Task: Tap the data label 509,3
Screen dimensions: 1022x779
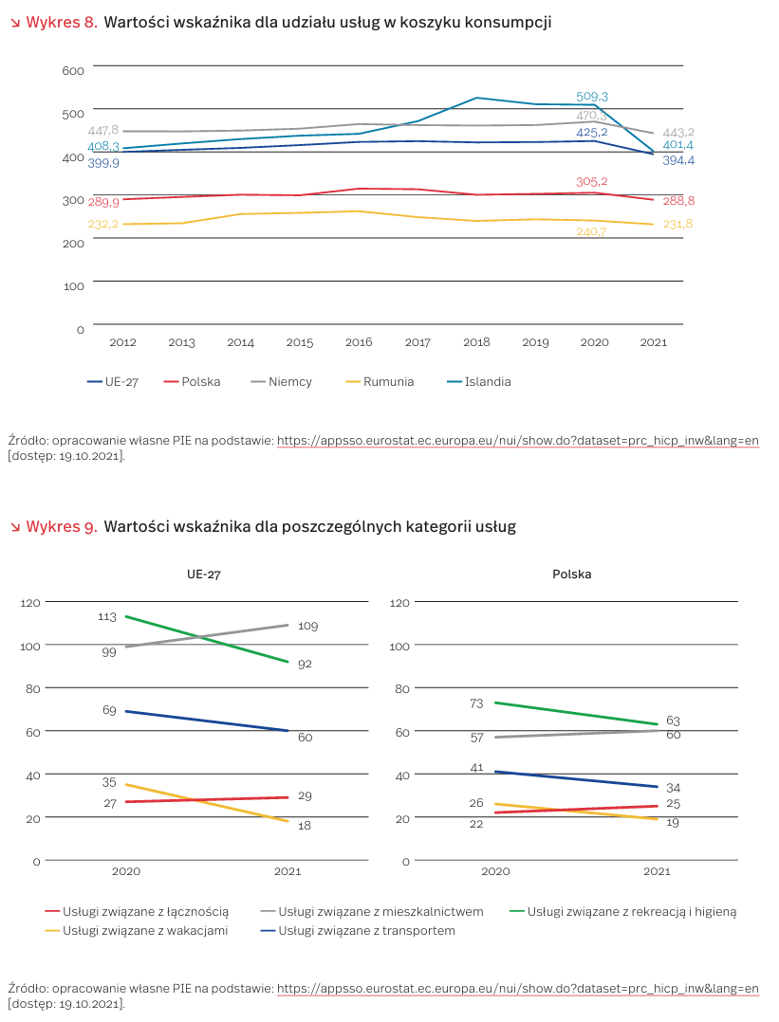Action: (x=592, y=97)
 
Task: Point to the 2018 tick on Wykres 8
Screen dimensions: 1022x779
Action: (x=476, y=342)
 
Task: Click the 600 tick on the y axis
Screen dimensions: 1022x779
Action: (x=74, y=70)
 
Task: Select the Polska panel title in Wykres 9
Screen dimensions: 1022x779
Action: (x=572, y=575)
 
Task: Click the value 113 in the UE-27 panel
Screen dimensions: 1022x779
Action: (x=106, y=617)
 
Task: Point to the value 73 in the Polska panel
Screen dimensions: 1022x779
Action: (x=476, y=703)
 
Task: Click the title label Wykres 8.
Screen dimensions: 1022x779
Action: (x=61, y=22)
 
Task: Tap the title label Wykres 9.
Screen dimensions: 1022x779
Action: (x=61, y=526)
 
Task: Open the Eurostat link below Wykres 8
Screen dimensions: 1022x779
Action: (x=517, y=440)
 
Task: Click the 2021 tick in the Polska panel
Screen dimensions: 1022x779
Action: (x=657, y=871)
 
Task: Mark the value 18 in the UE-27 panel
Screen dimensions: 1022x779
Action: (x=304, y=826)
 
